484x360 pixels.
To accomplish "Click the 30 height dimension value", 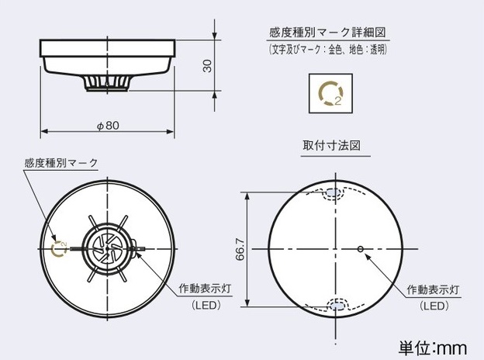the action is pyautogui.click(x=208, y=66).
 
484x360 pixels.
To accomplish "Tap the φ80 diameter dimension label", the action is pyautogui.click(x=108, y=126).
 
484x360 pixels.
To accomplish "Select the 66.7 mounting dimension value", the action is pyautogui.click(x=240, y=249).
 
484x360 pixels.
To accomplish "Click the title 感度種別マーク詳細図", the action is pyautogui.click(x=328, y=33).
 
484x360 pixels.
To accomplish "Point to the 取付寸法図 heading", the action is pyautogui.click(x=331, y=145).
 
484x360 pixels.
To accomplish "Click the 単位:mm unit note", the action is pyautogui.click(x=433, y=348).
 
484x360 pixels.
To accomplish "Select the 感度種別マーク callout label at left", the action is pyautogui.click(x=61, y=163).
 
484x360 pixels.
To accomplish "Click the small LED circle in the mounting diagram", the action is pyautogui.click(x=360, y=249).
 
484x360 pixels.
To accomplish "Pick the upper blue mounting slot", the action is pyautogui.click(x=335, y=193).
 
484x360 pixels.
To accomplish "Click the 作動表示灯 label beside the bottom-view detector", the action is pyautogui.click(x=205, y=289).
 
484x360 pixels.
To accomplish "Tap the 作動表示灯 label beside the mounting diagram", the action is pyautogui.click(x=433, y=289).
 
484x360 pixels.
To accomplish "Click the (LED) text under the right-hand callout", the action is pyautogui.click(x=434, y=306).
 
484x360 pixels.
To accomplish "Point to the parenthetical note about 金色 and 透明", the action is pyautogui.click(x=327, y=50).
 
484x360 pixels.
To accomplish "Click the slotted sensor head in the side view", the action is pyautogui.click(x=107, y=83).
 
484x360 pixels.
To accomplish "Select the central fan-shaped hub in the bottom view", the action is pyautogui.click(x=107, y=248).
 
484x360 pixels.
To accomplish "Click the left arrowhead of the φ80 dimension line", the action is pyautogui.click(x=44, y=132).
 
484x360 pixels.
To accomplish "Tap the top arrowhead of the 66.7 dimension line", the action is pyautogui.click(x=247, y=196).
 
